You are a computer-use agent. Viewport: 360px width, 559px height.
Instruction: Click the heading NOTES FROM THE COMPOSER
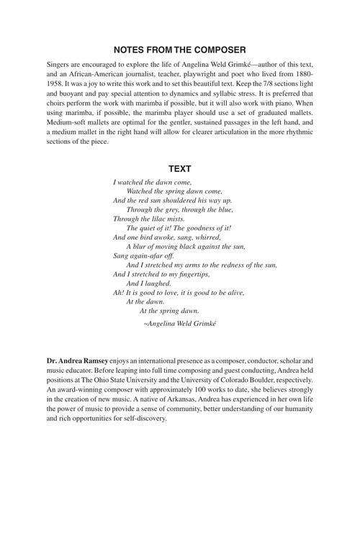point(180,50)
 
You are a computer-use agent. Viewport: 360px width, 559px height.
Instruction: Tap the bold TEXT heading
point(180,169)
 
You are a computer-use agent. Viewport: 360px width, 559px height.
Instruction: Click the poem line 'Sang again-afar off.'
point(143,255)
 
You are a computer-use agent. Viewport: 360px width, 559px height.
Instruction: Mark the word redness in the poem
point(232,265)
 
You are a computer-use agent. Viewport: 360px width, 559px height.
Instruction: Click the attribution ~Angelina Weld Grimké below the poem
point(180,324)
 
